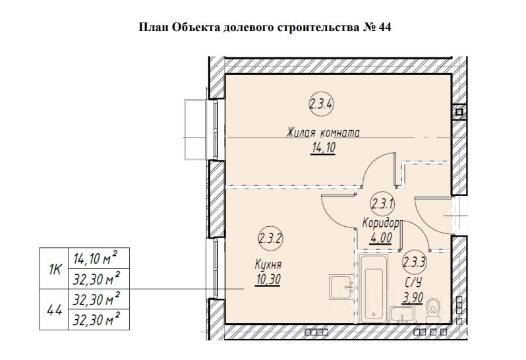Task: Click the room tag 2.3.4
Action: click(320, 104)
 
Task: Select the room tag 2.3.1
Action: click(382, 203)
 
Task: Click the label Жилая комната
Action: click(323, 133)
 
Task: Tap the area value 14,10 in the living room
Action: click(323, 148)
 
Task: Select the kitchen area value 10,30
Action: click(268, 280)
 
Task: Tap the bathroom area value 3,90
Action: click(413, 297)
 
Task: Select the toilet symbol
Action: click(433, 307)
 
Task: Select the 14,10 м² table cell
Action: click(96, 258)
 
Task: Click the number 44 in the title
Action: click(386, 28)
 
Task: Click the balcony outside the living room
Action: click(198, 129)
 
